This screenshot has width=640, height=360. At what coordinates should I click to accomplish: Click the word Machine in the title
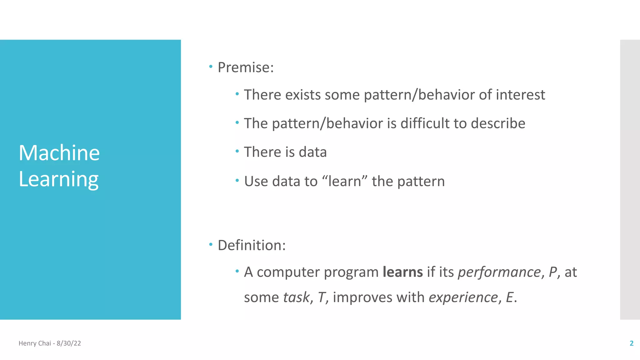pyautogui.click(x=59, y=153)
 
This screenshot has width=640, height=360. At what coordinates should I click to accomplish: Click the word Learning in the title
pyautogui.click(x=58, y=179)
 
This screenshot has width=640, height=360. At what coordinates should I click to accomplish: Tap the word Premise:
pyautogui.click(x=246, y=67)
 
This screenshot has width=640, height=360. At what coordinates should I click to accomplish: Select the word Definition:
pyautogui.click(x=252, y=245)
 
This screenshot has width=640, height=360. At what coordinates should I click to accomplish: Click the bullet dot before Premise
pyautogui.click(x=211, y=66)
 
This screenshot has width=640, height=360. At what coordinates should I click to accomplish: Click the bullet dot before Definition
pyautogui.click(x=211, y=244)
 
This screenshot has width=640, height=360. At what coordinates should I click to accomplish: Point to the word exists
pyautogui.click(x=303, y=95)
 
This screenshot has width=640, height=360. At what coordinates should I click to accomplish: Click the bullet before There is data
pyautogui.click(x=237, y=151)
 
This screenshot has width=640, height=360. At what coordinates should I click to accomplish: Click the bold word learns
pyautogui.click(x=402, y=272)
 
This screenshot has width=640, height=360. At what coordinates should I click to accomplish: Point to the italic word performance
pyautogui.click(x=499, y=272)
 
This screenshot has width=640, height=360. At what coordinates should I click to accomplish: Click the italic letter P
pyautogui.click(x=552, y=272)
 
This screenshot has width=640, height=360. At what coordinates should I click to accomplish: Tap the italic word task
pyautogui.click(x=296, y=297)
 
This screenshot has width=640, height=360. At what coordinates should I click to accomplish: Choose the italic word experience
pyautogui.click(x=463, y=297)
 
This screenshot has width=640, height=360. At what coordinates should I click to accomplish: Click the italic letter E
pyautogui.click(x=509, y=297)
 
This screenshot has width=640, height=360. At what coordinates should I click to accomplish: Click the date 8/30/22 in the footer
pyautogui.click(x=69, y=343)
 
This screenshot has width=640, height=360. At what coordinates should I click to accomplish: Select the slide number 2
pyautogui.click(x=631, y=343)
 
